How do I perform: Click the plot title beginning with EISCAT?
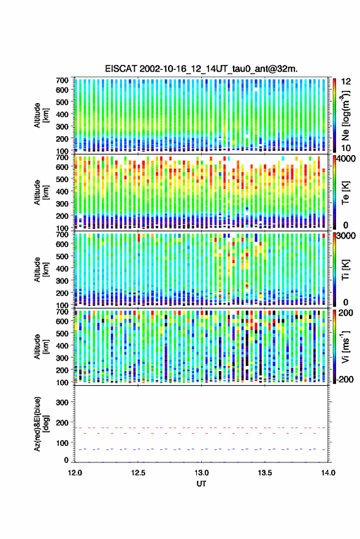click(202, 69)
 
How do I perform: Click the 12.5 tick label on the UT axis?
click(138, 473)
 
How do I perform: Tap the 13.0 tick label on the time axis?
click(202, 473)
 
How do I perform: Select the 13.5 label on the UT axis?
click(265, 473)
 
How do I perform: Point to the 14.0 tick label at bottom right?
click(328, 473)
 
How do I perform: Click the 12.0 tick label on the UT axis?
click(75, 473)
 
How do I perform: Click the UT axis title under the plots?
click(201, 484)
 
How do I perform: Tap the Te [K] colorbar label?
click(345, 193)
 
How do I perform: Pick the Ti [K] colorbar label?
click(345, 270)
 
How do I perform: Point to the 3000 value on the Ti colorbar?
click(347, 236)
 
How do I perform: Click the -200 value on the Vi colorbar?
click(345, 379)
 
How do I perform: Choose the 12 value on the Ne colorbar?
click(346, 81)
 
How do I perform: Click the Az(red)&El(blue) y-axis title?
click(40, 424)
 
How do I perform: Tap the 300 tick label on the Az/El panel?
click(62, 402)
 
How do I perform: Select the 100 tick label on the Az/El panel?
click(62, 443)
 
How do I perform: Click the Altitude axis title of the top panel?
click(41, 115)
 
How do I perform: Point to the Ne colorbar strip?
click(334, 115)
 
